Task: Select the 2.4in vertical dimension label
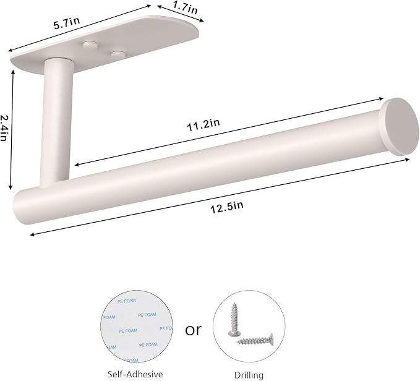[x=6, y=128]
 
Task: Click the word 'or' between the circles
[x=193, y=330]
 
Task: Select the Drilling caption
[x=249, y=374]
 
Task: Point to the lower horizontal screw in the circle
[x=255, y=340]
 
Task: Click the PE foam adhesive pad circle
[x=136, y=328]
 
